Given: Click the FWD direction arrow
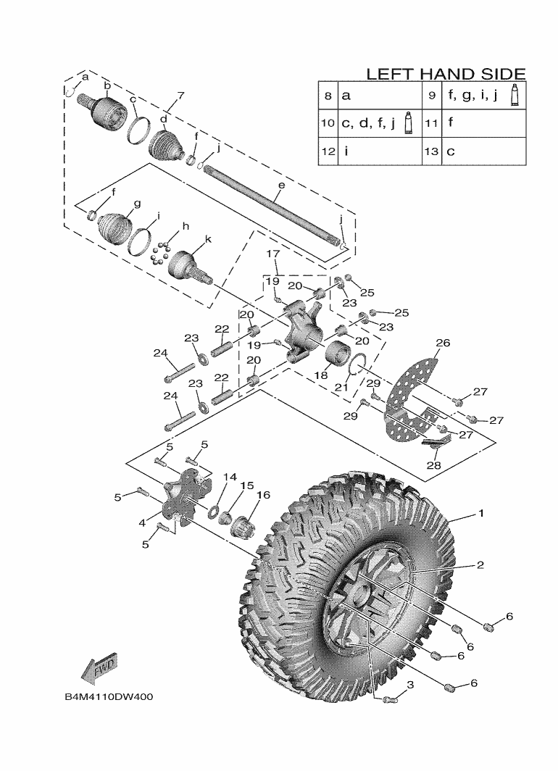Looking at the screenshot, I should [100, 670].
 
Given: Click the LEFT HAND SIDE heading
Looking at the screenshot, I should [445, 74].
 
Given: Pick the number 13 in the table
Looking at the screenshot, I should [432, 151].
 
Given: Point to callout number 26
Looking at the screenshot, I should [443, 343].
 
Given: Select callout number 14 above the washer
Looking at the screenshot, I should [230, 477].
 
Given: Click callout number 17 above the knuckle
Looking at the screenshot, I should [273, 254].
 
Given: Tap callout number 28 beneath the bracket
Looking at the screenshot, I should [433, 465].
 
